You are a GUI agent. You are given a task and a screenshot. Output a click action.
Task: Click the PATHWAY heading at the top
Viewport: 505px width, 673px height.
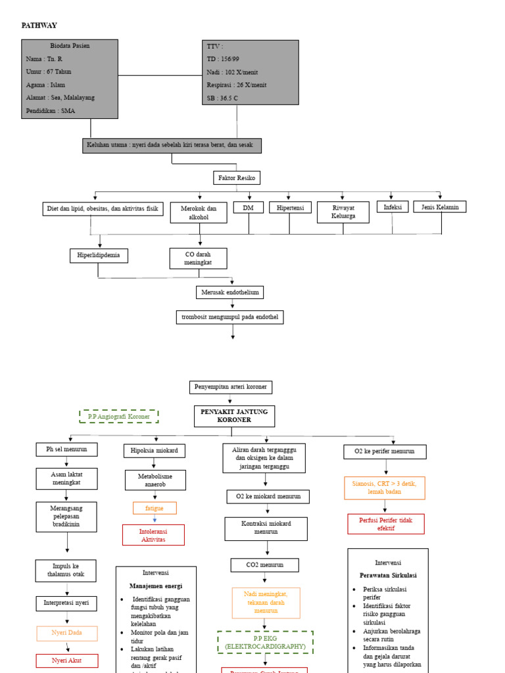[x=39, y=26]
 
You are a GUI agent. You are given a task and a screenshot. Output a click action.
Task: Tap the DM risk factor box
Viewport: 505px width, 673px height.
[x=248, y=208]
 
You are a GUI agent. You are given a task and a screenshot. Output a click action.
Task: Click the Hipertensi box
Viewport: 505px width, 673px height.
[x=290, y=208]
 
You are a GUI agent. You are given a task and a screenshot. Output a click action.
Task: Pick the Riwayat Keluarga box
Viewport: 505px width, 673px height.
[x=344, y=212]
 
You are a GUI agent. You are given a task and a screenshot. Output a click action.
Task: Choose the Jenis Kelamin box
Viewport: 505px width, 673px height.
[x=440, y=207]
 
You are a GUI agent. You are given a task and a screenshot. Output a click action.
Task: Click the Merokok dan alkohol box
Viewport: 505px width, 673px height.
[x=198, y=212]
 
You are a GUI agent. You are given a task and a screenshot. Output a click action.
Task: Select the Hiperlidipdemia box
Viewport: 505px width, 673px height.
[x=99, y=256]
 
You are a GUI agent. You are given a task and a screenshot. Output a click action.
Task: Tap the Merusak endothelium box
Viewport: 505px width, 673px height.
[x=229, y=292]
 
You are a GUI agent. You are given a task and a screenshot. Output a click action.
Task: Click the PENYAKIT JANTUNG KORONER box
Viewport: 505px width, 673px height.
[x=234, y=416]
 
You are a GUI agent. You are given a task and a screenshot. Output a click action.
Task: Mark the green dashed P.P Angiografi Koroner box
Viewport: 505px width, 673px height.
[x=119, y=417]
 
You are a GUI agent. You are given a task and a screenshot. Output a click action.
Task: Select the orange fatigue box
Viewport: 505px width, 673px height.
[x=155, y=508]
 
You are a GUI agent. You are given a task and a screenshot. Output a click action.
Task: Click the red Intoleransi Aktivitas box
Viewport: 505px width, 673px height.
[x=153, y=535]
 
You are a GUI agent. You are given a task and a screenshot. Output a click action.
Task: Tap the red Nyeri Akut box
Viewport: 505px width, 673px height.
[x=66, y=661]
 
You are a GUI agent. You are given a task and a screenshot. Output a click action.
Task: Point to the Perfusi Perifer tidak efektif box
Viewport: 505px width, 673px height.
[x=386, y=524]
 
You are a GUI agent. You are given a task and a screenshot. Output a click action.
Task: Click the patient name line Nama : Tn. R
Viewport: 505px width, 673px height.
[x=45, y=59]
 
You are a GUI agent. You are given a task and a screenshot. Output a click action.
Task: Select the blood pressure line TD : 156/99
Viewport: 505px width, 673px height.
[x=223, y=59]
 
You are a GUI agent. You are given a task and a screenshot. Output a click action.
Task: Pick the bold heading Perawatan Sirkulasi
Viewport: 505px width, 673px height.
[x=388, y=575]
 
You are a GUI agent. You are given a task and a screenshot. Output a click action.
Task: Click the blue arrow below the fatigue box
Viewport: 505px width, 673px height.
[x=155, y=520]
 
